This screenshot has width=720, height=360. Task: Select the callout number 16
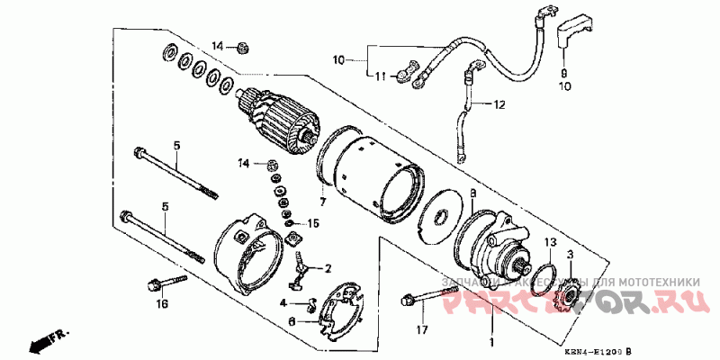[x=162, y=304]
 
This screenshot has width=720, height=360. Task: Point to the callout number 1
[x=490, y=343]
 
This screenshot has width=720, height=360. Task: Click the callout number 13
[x=551, y=243]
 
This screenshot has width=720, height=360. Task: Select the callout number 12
[x=498, y=105]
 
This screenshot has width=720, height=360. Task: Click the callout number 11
[x=379, y=76]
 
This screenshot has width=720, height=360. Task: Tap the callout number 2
[x=328, y=268]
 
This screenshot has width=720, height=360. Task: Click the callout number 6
[x=292, y=320]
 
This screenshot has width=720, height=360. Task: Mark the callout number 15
[x=313, y=222]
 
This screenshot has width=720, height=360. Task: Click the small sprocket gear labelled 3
[x=568, y=295]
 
